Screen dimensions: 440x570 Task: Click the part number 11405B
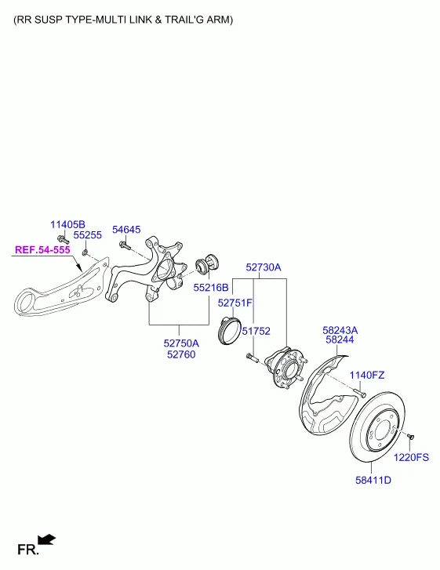tap(67, 224)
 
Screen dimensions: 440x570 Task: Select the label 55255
tap(88, 235)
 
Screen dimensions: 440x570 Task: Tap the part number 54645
tap(126, 230)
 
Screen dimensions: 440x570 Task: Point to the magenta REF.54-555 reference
tap(42, 250)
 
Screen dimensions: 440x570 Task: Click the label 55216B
tap(211, 288)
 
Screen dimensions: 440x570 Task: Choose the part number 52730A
tap(264, 267)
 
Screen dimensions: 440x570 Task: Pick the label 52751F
tap(235, 303)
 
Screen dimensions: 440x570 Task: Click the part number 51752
tap(256, 331)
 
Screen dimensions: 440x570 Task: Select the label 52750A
tap(181, 343)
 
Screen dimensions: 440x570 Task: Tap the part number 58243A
tap(340, 330)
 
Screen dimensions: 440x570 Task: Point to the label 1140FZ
tap(367, 375)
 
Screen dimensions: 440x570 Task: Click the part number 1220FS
tap(411, 457)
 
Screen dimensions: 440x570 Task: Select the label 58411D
tap(373, 480)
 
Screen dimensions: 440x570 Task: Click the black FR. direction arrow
tap(47, 539)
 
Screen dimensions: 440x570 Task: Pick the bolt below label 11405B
tap(63, 239)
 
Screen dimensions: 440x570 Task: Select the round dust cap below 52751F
tap(230, 330)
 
